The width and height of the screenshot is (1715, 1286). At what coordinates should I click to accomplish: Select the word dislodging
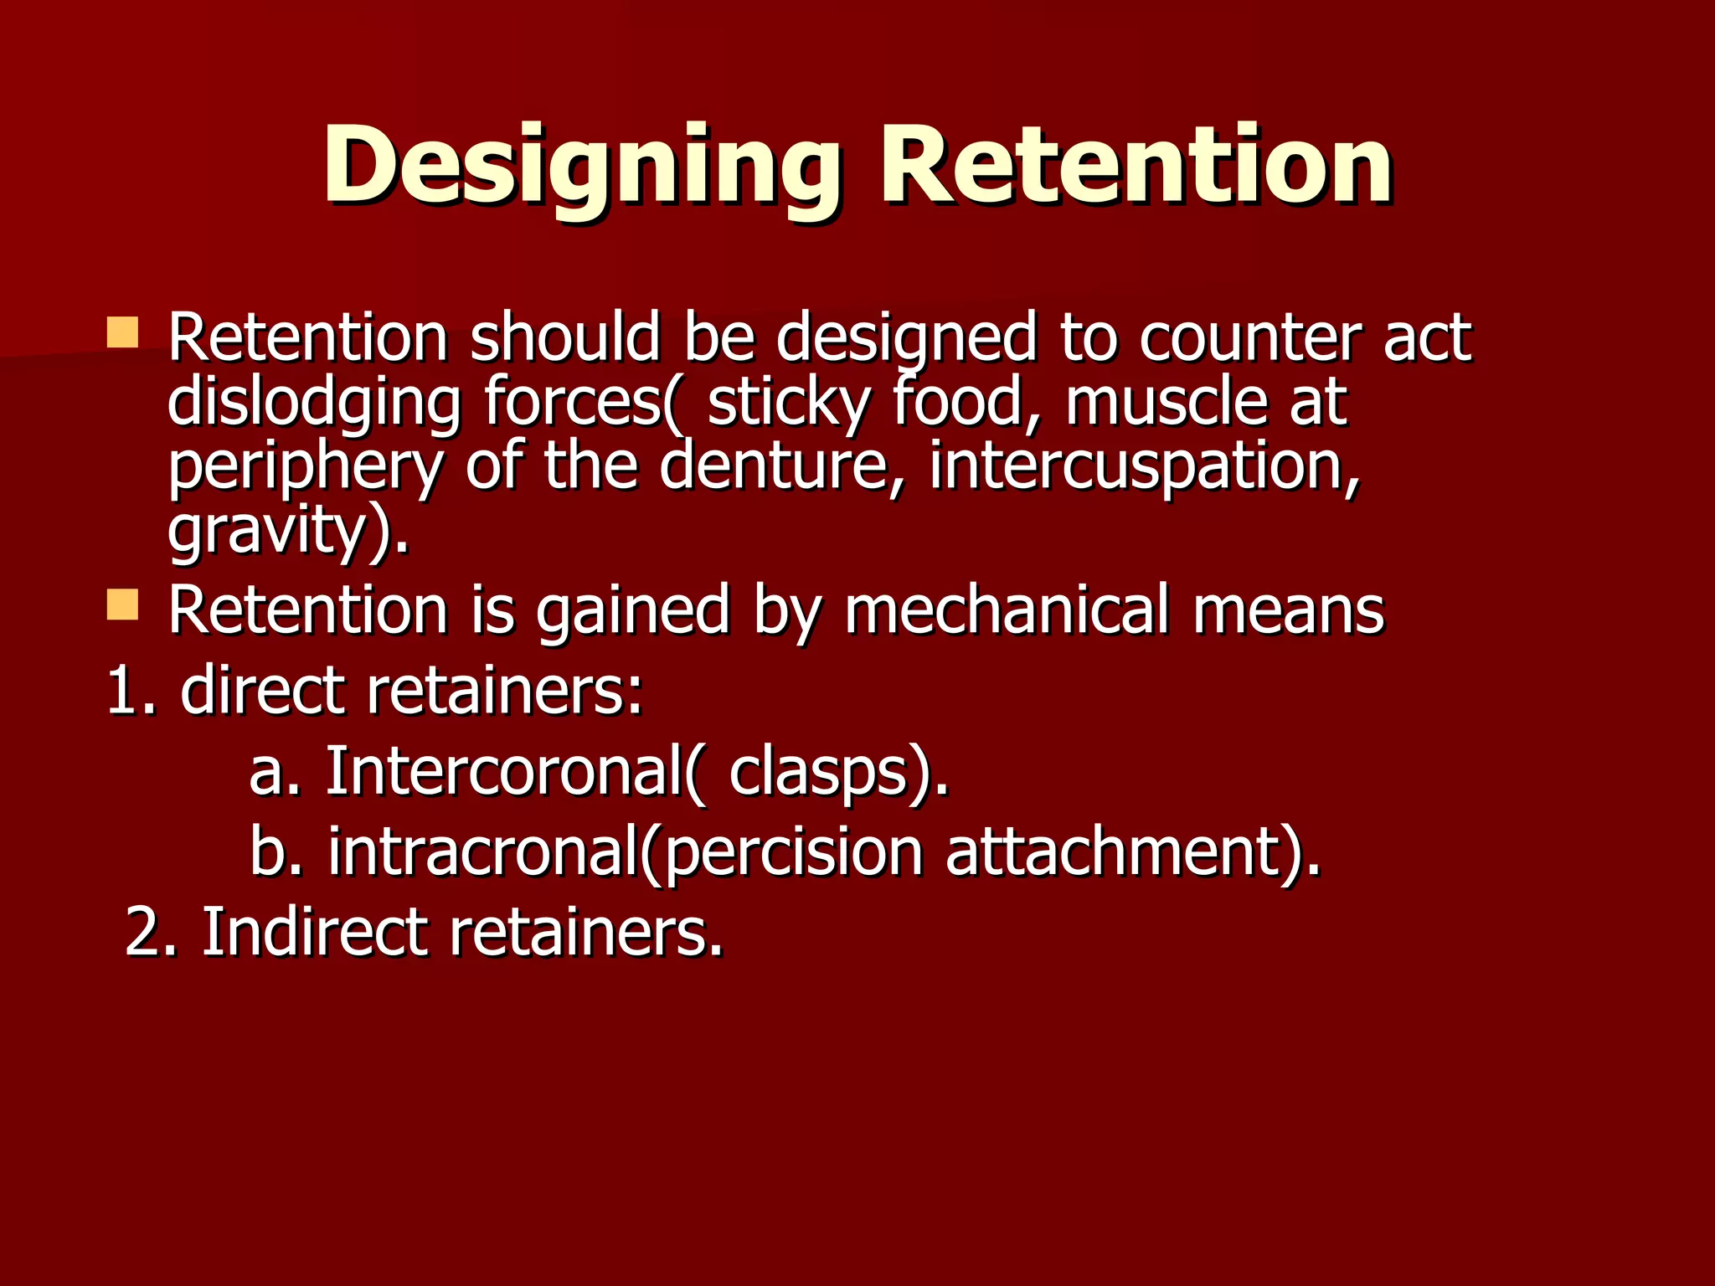(x=313, y=403)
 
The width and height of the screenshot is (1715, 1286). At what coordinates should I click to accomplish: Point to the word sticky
(x=788, y=403)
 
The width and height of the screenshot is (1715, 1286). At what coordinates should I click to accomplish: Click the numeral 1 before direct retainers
(x=121, y=691)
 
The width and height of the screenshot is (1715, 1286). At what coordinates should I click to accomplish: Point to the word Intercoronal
(x=502, y=769)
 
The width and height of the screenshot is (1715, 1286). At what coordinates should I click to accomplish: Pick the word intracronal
(x=482, y=851)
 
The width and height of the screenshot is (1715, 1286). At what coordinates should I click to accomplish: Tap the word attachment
(x=1114, y=851)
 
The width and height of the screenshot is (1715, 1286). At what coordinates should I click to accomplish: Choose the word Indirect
(x=315, y=931)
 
